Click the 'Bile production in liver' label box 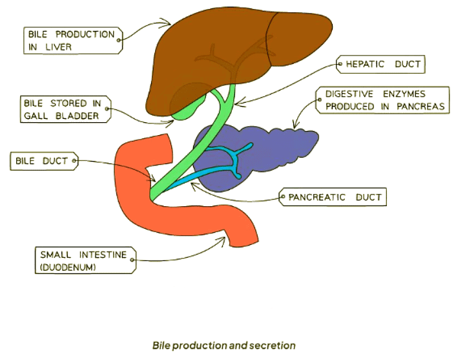[x=71, y=39]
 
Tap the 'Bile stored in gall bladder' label [x=65, y=109]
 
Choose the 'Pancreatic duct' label [x=332, y=197]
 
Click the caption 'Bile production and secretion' [x=224, y=345]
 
